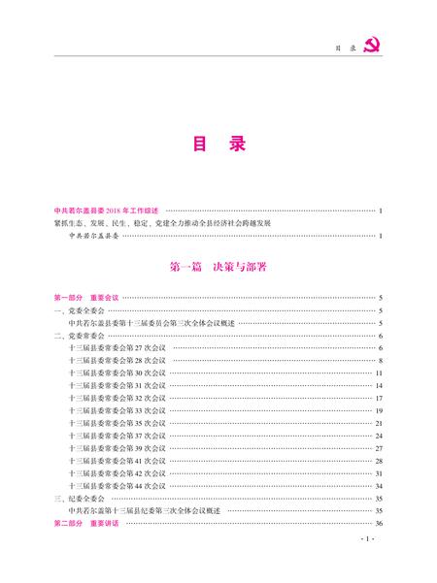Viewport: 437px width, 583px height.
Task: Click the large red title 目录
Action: coord(218,145)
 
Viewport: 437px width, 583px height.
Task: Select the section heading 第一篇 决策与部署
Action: coord(218,264)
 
